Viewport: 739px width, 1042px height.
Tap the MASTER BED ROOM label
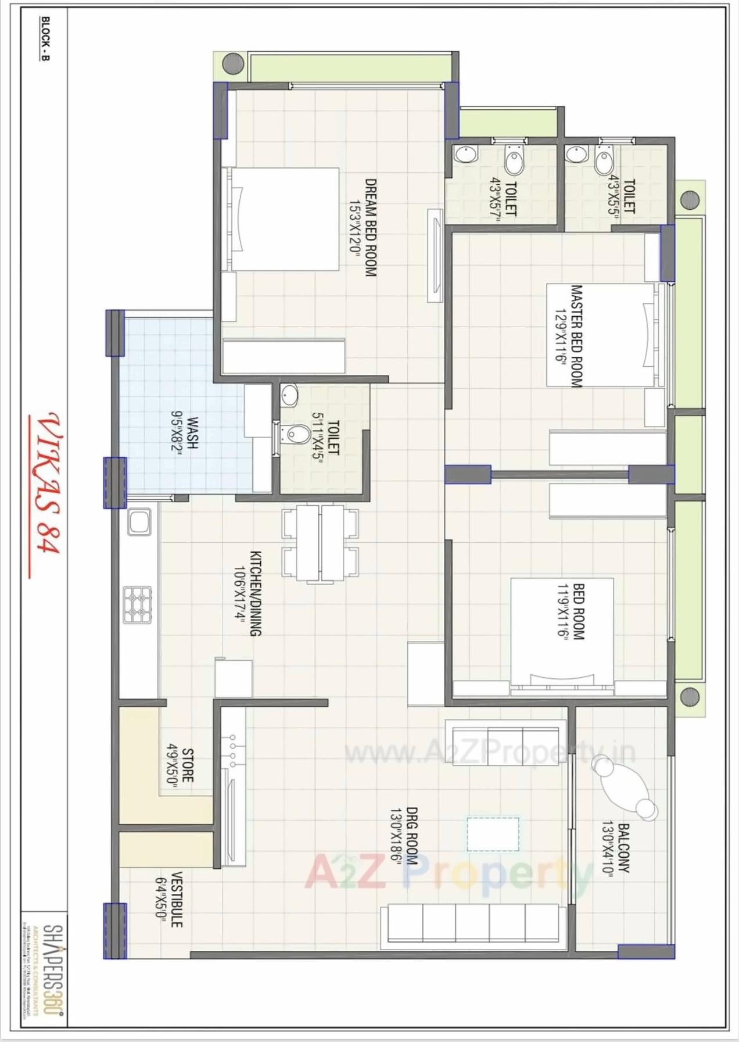pyautogui.click(x=576, y=335)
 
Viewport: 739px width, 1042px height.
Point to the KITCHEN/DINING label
pyautogui.click(x=256, y=593)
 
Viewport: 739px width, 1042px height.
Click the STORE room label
pyautogui.click(x=188, y=765)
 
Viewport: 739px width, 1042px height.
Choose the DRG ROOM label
pyautogui.click(x=411, y=836)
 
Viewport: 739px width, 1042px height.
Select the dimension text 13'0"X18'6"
pyautogui.click(x=396, y=836)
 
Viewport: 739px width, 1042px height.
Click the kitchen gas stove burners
pyautogui.click(x=138, y=605)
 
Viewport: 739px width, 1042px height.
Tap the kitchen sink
pyautogui.click(x=139, y=521)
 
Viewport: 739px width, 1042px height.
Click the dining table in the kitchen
pyautogui.click(x=320, y=543)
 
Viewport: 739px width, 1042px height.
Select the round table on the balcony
pyautogui.click(x=625, y=787)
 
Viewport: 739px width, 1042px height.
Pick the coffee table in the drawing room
pyautogui.click(x=493, y=834)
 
